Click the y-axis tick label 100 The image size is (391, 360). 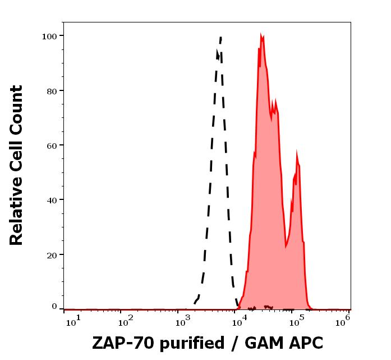tap(49, 36)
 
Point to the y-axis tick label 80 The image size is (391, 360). tap(52, 90)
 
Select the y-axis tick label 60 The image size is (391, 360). tap(52, 145)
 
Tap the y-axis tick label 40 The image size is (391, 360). tap(52, 199)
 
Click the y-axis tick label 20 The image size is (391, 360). tap(52, 254)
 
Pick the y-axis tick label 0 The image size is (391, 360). tap(54, 307)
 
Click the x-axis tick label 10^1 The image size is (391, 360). tap(73, 320)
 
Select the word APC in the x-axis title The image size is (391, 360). tap(303, 343)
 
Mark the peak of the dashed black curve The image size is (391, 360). tap(221, 37)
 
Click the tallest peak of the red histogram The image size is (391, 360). tap(261, 35)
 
